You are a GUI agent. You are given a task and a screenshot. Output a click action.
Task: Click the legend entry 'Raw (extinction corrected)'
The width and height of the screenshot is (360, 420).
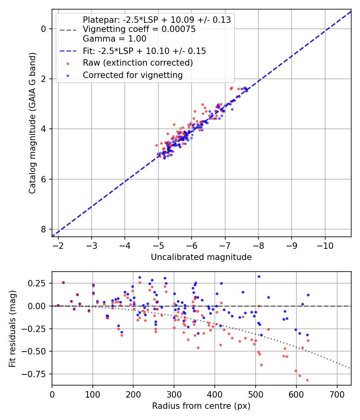138,63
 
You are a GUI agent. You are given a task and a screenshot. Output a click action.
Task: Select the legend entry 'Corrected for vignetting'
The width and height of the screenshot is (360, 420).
132,75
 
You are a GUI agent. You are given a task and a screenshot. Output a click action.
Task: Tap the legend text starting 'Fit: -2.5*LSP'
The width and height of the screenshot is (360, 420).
144,51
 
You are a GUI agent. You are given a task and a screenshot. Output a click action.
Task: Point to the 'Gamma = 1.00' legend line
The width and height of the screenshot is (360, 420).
114,39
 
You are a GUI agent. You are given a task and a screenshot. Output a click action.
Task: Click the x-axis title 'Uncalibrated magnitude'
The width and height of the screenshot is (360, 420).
201,257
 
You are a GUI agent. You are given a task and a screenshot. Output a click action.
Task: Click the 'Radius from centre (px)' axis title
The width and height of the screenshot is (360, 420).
201,406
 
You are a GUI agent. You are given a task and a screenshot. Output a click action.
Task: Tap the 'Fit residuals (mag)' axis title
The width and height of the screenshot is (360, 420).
12,328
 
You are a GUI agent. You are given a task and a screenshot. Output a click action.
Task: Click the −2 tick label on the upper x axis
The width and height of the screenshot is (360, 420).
58,245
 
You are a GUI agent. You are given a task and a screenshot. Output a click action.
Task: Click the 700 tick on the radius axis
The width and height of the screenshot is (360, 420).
337,394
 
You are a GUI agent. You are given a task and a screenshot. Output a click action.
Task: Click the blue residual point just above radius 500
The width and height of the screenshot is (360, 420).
259,276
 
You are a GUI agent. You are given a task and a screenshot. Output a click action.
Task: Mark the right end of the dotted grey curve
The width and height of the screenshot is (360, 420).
350,368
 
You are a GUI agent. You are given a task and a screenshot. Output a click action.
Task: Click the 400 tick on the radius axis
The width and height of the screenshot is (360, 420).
215,394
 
